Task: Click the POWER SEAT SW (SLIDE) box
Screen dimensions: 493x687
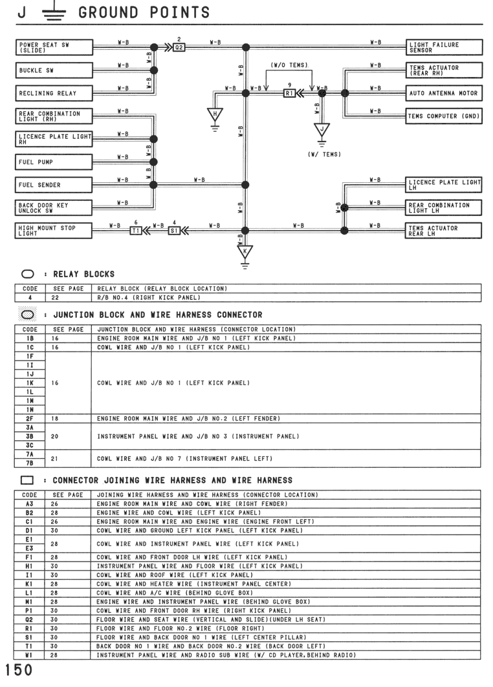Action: [x=54, y=47]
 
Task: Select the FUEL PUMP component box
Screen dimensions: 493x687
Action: [x=54, y=162]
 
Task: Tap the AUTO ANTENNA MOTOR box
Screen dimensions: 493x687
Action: [x=444, y=93]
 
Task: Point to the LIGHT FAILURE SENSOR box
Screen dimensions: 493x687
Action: [x=444, y=47]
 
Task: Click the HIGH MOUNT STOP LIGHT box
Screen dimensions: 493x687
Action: [x=54, y=231]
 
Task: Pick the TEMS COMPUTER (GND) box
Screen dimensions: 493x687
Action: [x=444, y=116]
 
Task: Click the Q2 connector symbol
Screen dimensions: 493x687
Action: [x=179, y=47]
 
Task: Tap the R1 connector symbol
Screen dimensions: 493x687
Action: [x=289, y=93]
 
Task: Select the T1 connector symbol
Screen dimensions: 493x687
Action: [x=136, y=231]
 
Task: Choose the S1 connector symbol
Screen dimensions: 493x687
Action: [x=174, y=231]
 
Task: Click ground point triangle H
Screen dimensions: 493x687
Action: [x=215, y=115]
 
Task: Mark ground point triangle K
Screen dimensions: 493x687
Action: [x=245, y=252]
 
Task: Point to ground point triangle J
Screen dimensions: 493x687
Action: [x=322, y=130]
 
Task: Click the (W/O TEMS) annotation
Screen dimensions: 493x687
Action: [x=289, y=65]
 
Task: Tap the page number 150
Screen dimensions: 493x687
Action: [x=19, y=670]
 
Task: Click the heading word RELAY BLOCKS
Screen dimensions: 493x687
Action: [x=83, y=274]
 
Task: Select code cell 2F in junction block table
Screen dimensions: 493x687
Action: [x=30, y=418]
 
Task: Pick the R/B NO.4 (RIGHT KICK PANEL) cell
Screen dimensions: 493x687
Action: [x=149, y=297]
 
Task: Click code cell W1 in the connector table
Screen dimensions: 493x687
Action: [x=29, y=655]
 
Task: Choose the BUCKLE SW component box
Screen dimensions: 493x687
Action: [x=54, y=70]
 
